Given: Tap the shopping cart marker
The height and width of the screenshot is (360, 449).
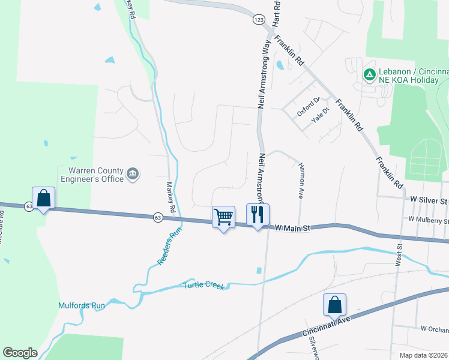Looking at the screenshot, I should click(223, 217).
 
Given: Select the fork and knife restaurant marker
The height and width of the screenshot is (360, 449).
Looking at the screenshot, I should click(258, 214).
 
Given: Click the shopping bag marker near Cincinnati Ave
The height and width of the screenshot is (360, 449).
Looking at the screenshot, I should click(334, 305).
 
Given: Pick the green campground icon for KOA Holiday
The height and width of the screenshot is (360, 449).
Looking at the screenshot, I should click(370, 75).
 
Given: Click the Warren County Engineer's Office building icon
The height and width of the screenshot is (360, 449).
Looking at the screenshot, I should click(133, 175).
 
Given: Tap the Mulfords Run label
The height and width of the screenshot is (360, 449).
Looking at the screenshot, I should click(82, 305).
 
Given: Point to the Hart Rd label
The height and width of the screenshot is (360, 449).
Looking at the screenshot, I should click(277, 13).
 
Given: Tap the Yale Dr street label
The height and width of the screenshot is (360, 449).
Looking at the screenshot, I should click(321, 115).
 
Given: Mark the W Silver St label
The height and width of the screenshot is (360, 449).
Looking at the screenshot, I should click(429, 199).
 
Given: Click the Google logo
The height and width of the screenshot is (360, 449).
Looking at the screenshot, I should click(20, 353).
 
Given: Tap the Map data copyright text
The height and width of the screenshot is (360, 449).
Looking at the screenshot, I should click(424, 355).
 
